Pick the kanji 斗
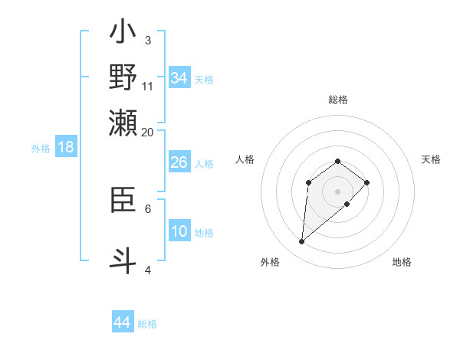(x=123, y=259)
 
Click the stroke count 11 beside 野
(x=148, y=86)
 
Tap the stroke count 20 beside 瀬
(x=148, y=132)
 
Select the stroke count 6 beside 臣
(x=148, y=208)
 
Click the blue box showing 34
(x=179, y=77)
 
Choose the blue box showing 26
(x=179, y=162)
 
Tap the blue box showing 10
(x=179, y=231)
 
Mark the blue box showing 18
(x=65, y=147)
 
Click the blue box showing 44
(x=122, y=322)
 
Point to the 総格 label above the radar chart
(x=338, y=100)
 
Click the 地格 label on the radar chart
(x=402, y=262)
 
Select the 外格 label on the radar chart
(x=270, y=262)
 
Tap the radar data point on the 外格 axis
(x=302, y=242)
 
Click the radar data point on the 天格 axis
(x=367, y=182)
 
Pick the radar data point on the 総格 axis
(x=338, y=161)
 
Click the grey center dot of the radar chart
(x=338, y=191)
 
